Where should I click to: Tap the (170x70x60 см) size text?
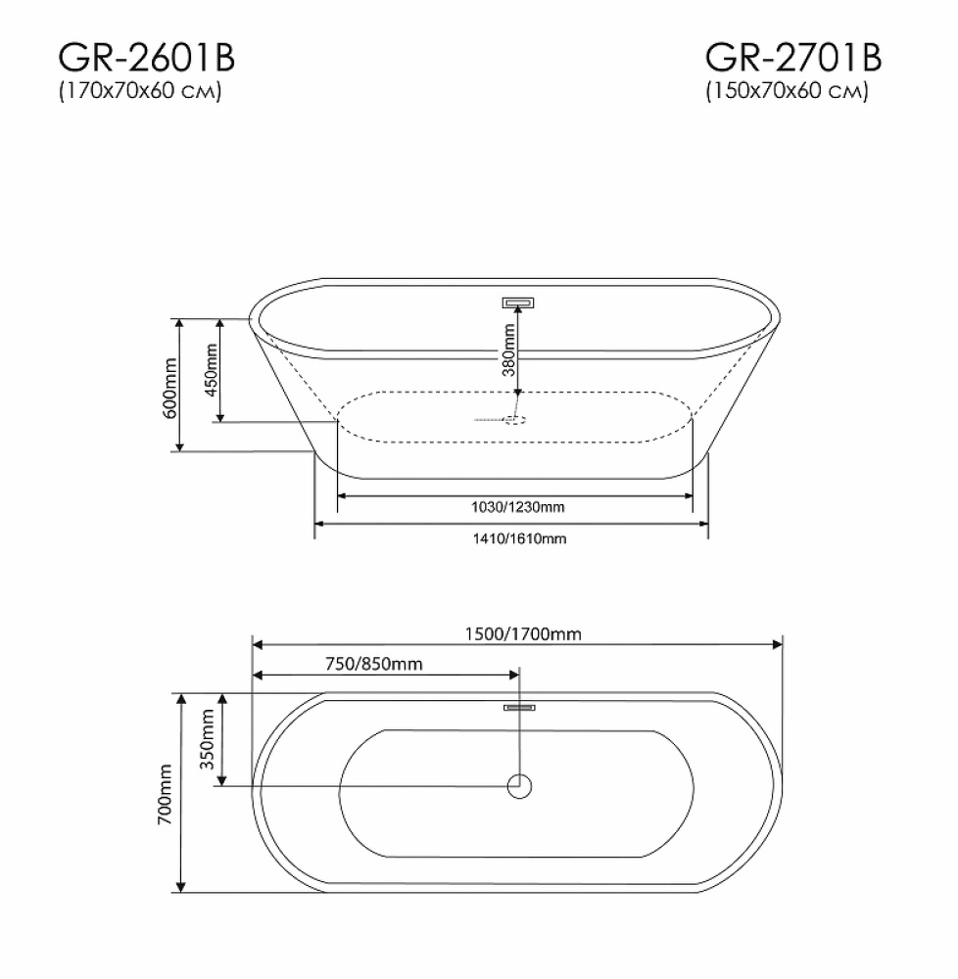pos(140,91)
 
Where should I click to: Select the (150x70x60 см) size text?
pos(787,91)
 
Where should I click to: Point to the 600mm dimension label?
pos(169,388)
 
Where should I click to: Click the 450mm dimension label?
pos(211,370)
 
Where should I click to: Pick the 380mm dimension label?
pos(509,350)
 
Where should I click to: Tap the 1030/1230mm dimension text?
pos(518,507)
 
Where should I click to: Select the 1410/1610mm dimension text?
pos(519,538)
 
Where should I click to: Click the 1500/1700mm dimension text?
pos(523,634)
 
